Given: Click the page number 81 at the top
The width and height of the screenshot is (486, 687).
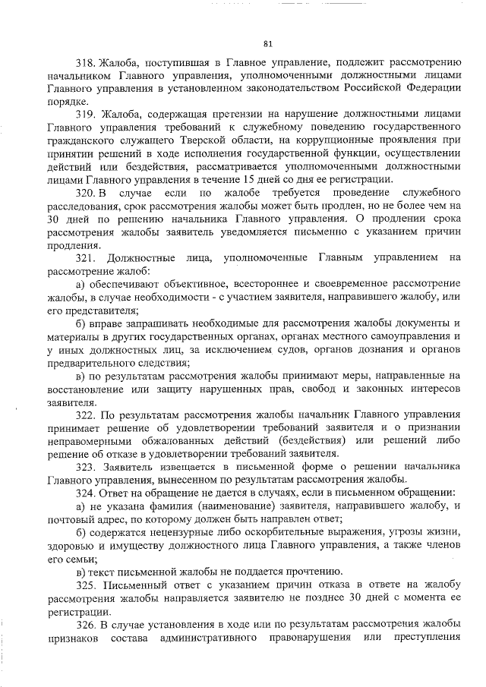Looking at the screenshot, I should point(267,43).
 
